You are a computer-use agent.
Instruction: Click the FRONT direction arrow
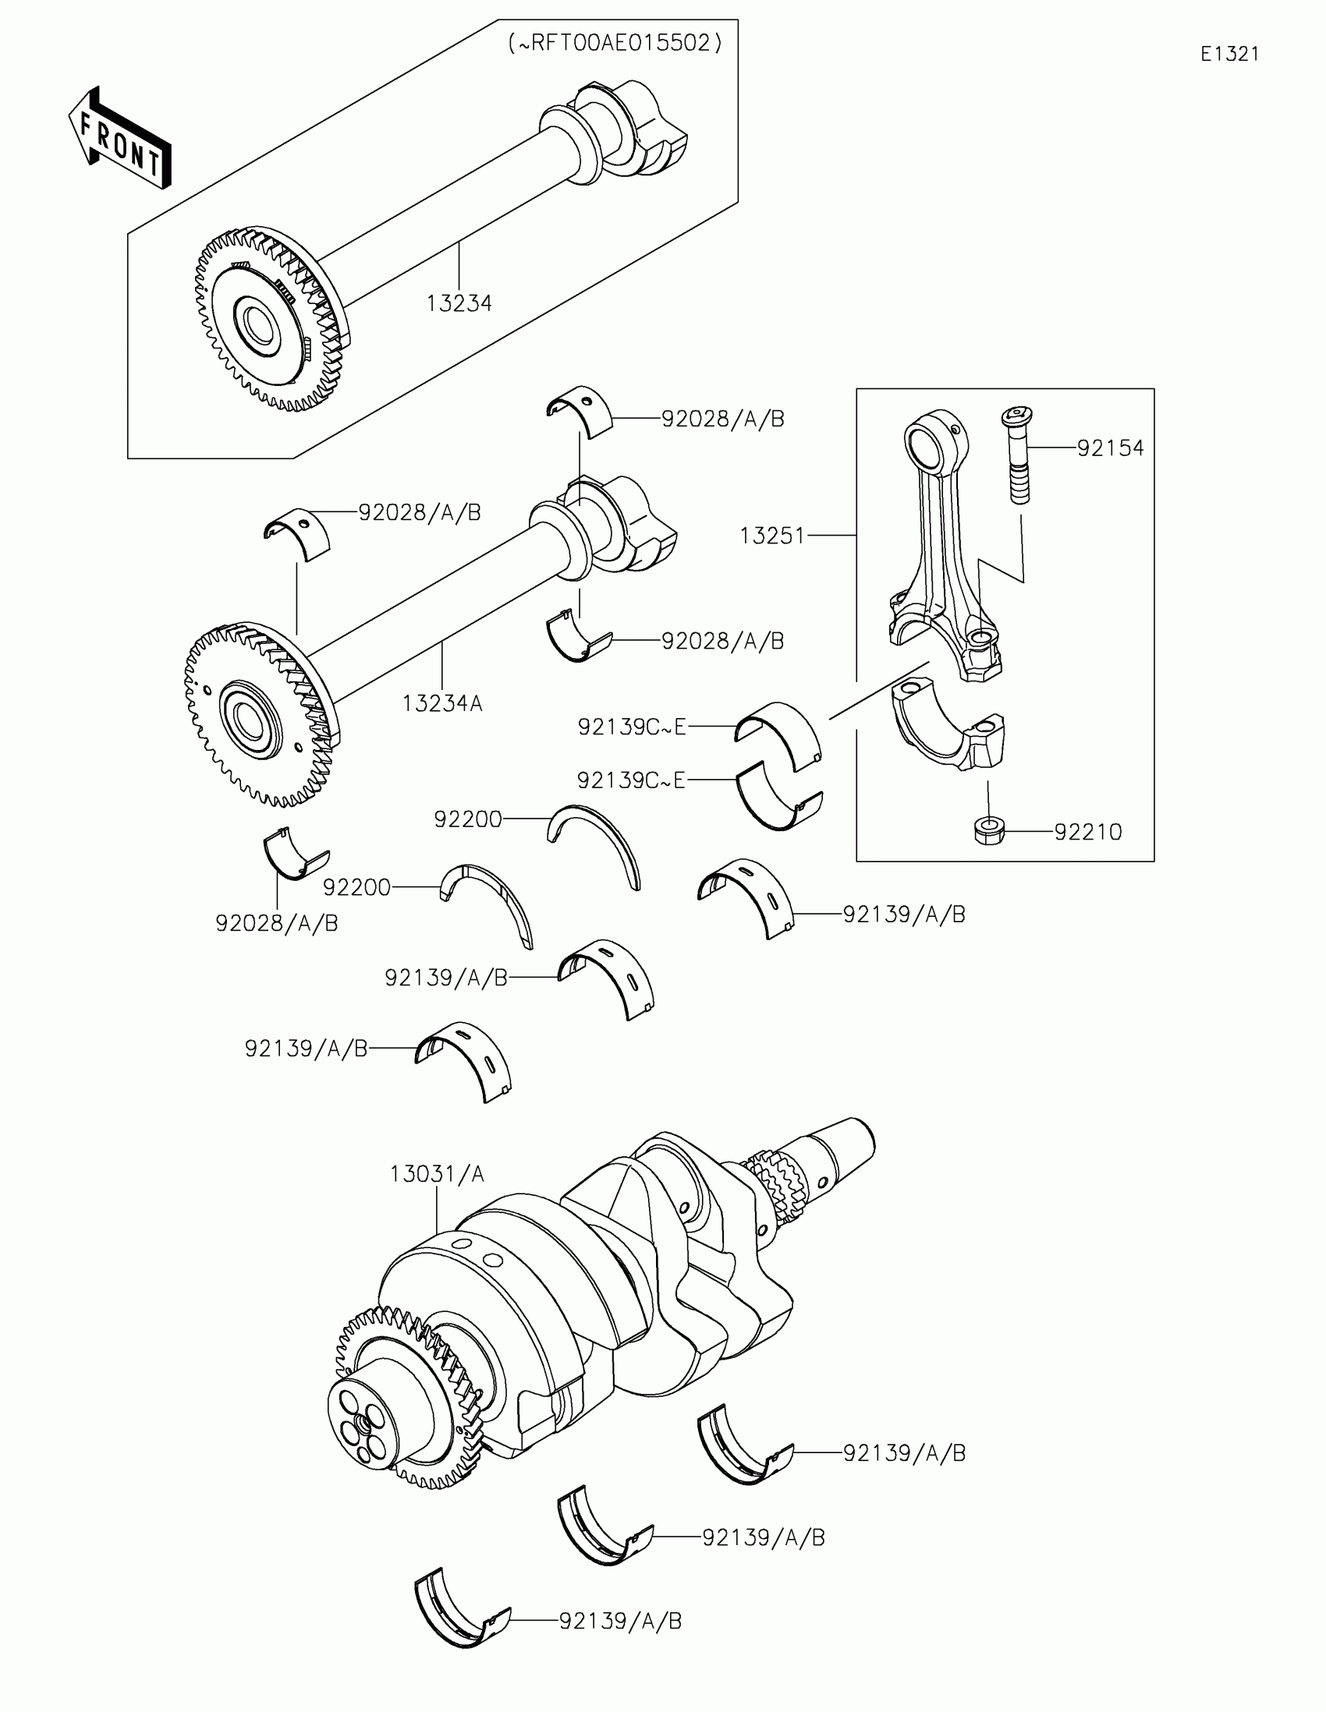coord(120,139)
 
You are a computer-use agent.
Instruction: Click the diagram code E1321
coord(1229,54)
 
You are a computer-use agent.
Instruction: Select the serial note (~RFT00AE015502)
coord(615,43)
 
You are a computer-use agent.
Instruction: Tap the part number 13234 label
coord(459,303)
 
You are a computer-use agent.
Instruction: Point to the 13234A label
coord(441,704)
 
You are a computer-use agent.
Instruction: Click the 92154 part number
coord(1110,448)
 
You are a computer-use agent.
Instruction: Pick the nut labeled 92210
coord(989,830)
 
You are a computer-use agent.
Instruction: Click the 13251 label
coord(772,536)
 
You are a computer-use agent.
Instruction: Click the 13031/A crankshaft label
coord(437,1173)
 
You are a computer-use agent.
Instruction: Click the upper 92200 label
coord(467,819)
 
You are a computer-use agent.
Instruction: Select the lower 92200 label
coord(356,887)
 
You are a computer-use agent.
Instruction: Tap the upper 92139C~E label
coord(631,727)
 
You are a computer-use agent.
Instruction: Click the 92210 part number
coord(1087,832)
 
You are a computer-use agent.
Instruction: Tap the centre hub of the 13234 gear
coord(257,324)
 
